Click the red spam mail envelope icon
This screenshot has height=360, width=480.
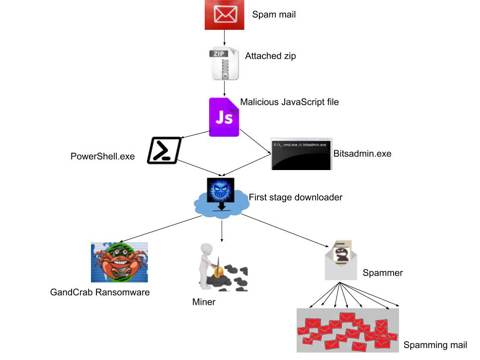(225, 15)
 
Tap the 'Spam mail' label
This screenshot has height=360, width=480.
(274, 14)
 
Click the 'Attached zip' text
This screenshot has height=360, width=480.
(270, 56)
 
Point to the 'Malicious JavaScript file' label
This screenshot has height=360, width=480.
(289, 102)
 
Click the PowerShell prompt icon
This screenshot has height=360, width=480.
(164, 151)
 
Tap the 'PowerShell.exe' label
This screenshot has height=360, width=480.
(103, 156)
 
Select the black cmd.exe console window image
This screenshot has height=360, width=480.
(301, 154)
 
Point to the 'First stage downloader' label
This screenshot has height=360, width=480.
(295, 197)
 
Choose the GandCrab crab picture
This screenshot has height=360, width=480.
(119, 262)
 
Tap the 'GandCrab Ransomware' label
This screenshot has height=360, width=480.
(100, 292)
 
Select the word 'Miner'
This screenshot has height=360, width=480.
(204, 302)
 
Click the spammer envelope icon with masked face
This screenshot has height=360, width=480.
(341, 260)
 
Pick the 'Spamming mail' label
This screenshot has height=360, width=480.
(435, 345)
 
